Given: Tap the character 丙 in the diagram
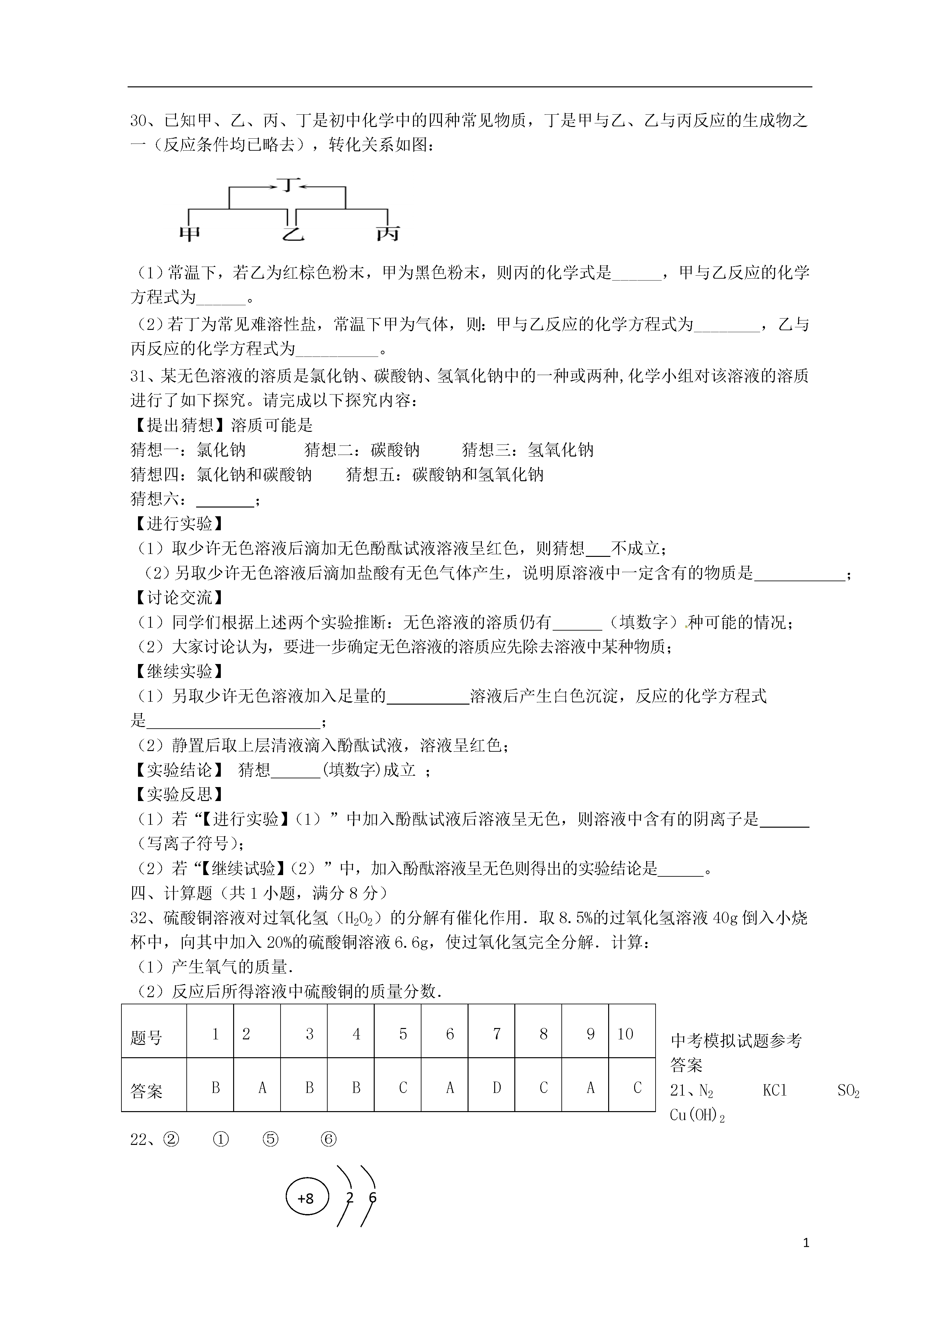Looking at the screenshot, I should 387,233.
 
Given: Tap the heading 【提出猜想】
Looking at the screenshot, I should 180,425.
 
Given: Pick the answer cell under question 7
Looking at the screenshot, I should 496,1088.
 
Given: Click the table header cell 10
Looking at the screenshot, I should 625,1034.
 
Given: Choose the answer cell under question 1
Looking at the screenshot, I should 215,1088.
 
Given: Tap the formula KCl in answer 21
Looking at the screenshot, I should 774,1091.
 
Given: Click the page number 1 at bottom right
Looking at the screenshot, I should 806,1242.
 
